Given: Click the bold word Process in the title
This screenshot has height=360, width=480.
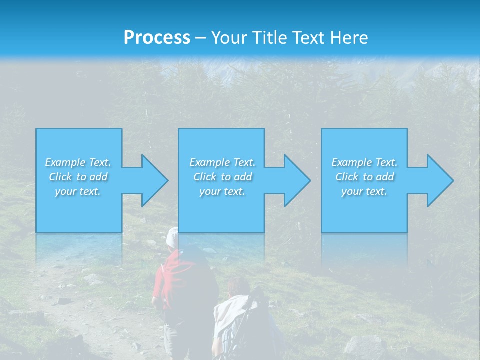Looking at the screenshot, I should pos(157,38).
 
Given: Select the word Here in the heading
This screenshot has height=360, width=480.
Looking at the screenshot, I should pos(350,38).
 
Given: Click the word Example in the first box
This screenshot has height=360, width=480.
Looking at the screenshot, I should pos(65,162).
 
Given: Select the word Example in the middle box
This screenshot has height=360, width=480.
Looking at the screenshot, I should pos(209,162).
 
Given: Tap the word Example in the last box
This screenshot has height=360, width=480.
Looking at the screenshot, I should pos(351,162).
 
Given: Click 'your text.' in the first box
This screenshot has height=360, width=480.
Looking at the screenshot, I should pos(78,191).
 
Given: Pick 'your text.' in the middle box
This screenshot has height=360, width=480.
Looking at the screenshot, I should pos(222,191).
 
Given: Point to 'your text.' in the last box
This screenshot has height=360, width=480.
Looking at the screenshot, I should pos(364,191).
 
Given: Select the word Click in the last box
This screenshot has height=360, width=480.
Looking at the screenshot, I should pos(347,177).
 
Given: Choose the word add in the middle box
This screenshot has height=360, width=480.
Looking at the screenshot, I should pos(242,177).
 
